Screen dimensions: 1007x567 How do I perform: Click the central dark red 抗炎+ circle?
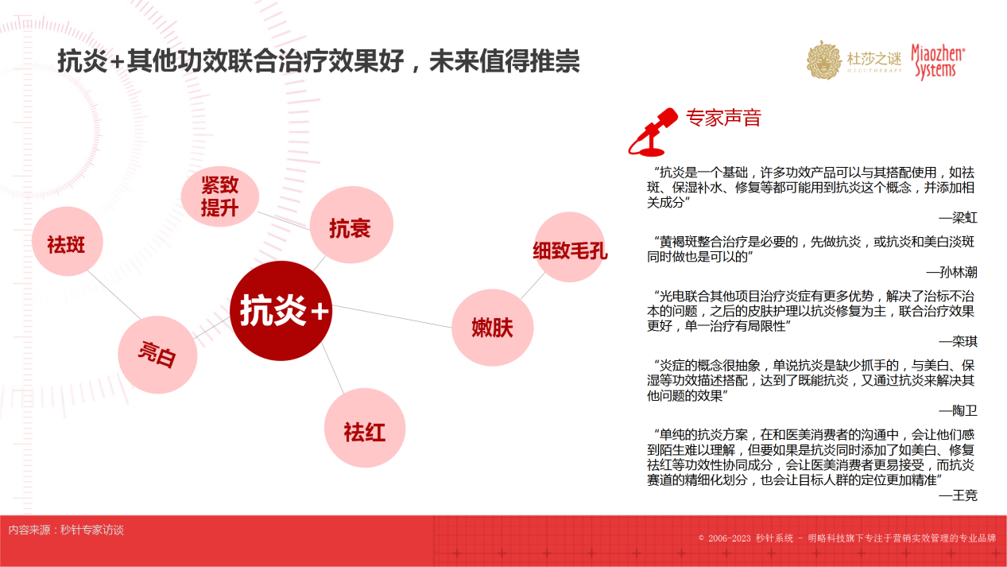(x=281, y=311)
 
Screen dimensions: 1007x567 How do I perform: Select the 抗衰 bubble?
(x=351, y=225)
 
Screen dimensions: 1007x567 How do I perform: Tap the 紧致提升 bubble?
(x=220, y=196)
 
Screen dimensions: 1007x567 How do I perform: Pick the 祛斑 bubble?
(x=68, y=242)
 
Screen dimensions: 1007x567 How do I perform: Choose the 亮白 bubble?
(x=157, y=355)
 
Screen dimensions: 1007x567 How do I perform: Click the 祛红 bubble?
(x=365, y=428)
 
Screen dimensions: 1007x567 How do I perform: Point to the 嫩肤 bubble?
(x=492, y=328)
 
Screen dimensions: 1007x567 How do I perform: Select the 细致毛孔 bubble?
(x=570, y=247)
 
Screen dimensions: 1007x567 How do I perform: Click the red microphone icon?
(x=653, y=132)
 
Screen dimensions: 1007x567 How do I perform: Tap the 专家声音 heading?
(x=723, y=118)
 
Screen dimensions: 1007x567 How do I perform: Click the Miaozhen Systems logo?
(x=938, y=62)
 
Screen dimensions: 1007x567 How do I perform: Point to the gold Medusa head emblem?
(x=823, y=60)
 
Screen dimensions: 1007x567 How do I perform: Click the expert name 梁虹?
(x=964, y=218)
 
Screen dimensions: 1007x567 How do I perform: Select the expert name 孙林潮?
(x=958, y=272)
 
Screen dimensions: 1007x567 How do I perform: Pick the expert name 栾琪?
(x=964, y=342)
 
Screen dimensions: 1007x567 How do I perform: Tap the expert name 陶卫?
(x=964, y=410)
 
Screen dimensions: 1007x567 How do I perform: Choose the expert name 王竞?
(x=964, y=495)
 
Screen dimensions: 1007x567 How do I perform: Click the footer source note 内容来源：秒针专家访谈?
(x=66, y=530)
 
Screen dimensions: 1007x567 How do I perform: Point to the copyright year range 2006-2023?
(x=729, y=538)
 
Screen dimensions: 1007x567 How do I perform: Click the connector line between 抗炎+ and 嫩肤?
(x=392, y=317)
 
